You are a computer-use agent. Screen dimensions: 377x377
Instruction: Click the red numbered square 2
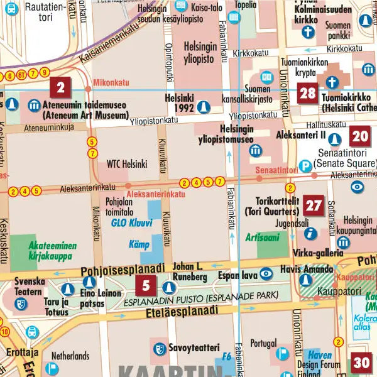tap(60, 87)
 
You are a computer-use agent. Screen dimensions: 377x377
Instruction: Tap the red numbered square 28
tap(307, 94)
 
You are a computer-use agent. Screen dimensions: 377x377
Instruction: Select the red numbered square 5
tap(146, 287)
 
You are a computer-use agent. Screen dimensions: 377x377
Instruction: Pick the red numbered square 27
tap(314, 205)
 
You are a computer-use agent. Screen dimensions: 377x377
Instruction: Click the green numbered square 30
tap(361, 363)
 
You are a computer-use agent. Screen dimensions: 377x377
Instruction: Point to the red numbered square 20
tap(360, 135)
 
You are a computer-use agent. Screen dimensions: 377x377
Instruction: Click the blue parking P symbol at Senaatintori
tap(305, 167)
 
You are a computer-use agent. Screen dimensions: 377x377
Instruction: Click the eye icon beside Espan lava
tap(266, 273)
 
